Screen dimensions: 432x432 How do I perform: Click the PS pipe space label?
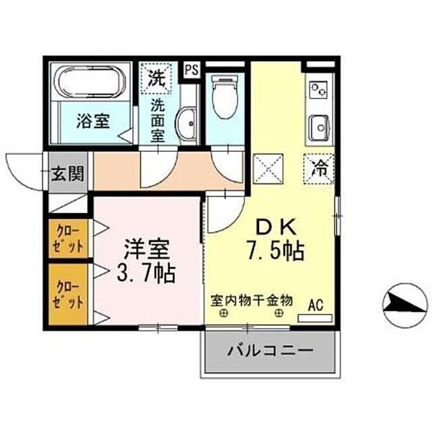[x=191, y=70]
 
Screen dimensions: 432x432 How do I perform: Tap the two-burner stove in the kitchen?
[x=318, y=91]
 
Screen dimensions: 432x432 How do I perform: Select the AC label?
[x=315, y=304]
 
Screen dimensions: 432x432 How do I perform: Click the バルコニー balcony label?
[x=270, y=352]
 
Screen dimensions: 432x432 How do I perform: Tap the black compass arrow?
[x=403, y=303]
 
